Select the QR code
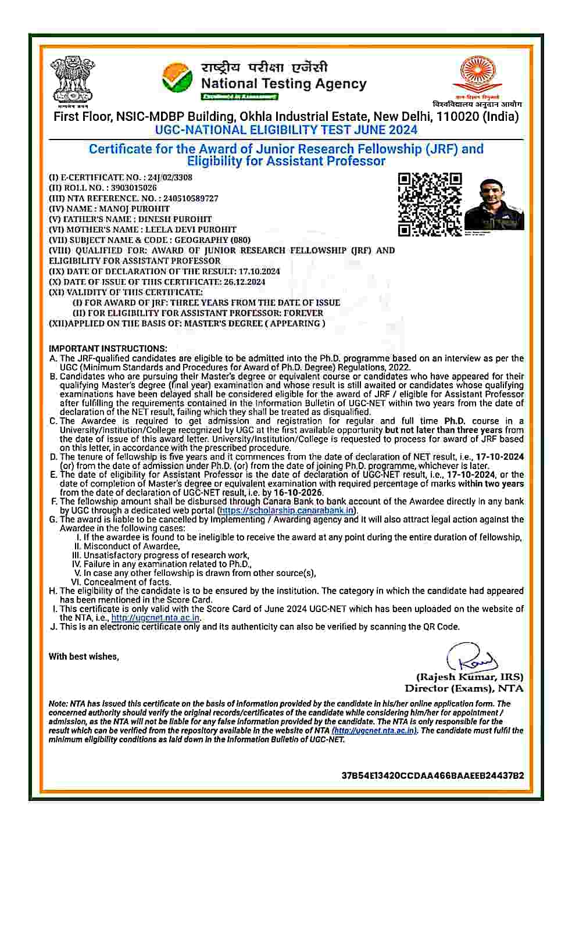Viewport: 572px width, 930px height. click(x=430, y=205)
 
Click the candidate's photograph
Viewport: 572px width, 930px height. click(x=494, y=205)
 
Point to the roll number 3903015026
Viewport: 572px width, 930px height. click(x=134, y=188)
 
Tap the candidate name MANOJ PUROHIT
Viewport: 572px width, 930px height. click(x=134, y=209)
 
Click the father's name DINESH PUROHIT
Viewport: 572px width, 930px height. click(x=175, y=219)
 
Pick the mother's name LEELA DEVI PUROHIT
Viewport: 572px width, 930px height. click(x=191, y=230)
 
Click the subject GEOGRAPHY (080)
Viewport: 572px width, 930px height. click(x=213, y=240)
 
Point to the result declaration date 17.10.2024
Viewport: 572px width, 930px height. click(x=259, y=271)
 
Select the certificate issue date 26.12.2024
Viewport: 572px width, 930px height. click(x=244, y=282)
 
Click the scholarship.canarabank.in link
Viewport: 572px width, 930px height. click(x=287, y=510)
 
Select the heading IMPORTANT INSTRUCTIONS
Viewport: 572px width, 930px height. click(x=108, y=349)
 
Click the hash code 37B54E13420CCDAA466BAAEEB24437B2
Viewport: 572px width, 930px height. click(x=432, y=775)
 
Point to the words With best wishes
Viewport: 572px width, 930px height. click(x=84, y=656)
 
